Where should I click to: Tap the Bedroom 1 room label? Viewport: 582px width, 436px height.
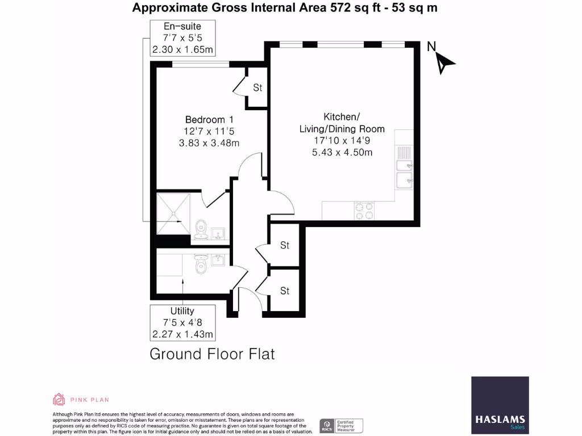tap(209, 120)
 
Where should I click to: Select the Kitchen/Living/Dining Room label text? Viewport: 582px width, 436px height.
tap(342, 123)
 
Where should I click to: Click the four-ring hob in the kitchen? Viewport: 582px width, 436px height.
tap(364, 211)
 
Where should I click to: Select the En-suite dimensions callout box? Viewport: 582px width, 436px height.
tap(182, 38)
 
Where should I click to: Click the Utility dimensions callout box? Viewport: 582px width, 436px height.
tap(182, 322)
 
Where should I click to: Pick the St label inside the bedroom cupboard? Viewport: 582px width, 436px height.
tap(257, 88)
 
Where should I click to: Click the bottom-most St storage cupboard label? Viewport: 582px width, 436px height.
tap(285, 291)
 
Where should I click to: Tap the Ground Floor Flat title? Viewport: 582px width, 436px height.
tap(212, 354)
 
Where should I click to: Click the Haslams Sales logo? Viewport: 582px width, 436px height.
tap(500, 405)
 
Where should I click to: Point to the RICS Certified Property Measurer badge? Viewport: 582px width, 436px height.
tap(341, 425)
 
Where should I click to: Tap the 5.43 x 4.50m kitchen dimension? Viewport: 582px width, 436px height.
tap(342, 152)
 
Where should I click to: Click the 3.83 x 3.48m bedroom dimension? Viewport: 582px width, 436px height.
tap(209, 142)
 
